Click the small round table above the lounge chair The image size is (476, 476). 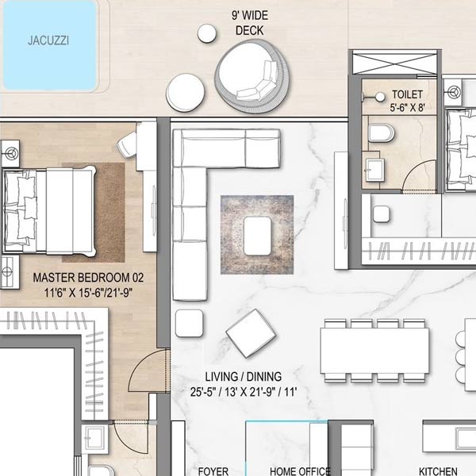coord(207,33)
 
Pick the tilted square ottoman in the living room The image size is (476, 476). coord(251,332)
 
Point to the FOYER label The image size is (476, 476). coord(213,470)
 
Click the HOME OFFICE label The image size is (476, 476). coord(300,470)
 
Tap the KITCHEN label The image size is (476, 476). coord(438,470)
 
